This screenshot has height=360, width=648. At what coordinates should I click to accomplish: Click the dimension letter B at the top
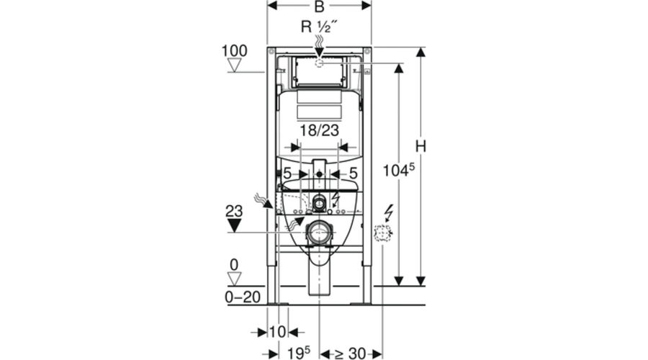point(319,7)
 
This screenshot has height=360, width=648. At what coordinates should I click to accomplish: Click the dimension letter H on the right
point(421,146)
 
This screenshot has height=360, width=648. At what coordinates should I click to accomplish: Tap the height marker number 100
point(235,51)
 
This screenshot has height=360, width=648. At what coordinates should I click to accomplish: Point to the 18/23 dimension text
point(320,130)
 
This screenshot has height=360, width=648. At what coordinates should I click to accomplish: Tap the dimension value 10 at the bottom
point(277,332)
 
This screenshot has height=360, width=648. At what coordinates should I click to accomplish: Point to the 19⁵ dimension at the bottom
point(295,353)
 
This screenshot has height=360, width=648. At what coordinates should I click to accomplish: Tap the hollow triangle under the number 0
point(235,278)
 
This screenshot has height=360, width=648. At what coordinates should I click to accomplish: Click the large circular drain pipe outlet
point(319,232)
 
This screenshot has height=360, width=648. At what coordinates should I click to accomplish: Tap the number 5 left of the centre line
point(287,174)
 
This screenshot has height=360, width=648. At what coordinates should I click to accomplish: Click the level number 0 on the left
point(235,265)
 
